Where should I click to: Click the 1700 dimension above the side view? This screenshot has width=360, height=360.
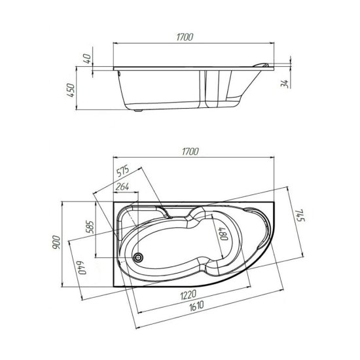click(x=185, y=37)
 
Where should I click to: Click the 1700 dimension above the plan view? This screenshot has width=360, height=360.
click(x=190, y=152)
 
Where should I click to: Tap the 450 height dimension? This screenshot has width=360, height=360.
click(x=71, y=90)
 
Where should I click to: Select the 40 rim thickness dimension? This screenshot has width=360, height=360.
click(x=87, y=59)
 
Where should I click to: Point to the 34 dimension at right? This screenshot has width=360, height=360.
click(x=285, y=84)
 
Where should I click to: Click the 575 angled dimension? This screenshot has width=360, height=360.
click(x=122, y=171)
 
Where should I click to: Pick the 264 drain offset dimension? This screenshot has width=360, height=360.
click(x=122, y=187)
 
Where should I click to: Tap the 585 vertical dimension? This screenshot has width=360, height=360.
click(x=90, y=227)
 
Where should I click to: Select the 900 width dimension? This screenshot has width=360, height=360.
click(x=56, y=242)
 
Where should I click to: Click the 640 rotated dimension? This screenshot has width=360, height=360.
click(x=82, y=268)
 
